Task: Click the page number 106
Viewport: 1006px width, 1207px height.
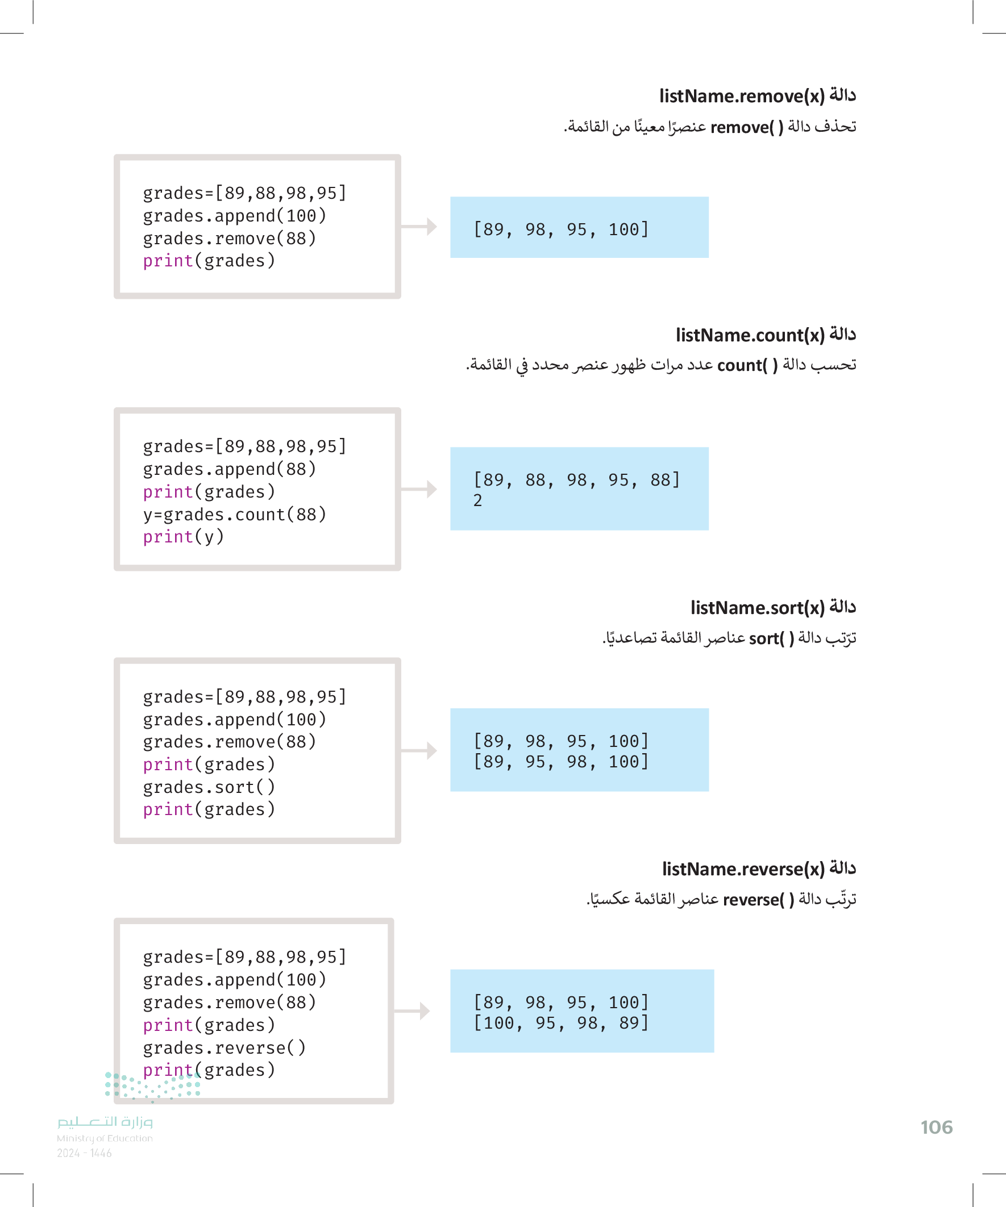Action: click(x=936, y=1127)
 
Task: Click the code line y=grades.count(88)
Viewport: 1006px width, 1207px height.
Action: click(x=235, y=515)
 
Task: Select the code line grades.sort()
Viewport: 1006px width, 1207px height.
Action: click(x=209, y=787)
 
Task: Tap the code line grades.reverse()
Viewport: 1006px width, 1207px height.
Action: click(x=225, y=1048)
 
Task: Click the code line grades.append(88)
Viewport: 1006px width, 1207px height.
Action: click(x=230, y=469)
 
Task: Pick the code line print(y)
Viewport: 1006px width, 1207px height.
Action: click(x=184, y=537)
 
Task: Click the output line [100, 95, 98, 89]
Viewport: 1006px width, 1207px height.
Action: click(x=561, y=1023)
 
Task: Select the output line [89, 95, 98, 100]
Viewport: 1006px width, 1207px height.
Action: click(x=561, y=762)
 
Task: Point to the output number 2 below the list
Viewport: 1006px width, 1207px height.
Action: click(x=477, y=500)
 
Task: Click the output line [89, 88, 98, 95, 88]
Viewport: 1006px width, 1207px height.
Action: click(x=576, y=480)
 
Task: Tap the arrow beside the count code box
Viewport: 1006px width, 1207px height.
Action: click(x=419, y=489)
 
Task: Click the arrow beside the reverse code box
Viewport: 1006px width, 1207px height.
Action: click(x=412, y=1010)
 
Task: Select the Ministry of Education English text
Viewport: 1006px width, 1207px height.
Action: click(x=105, y=1138)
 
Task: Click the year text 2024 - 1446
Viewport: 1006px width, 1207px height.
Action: click(x=84, y=1153)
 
